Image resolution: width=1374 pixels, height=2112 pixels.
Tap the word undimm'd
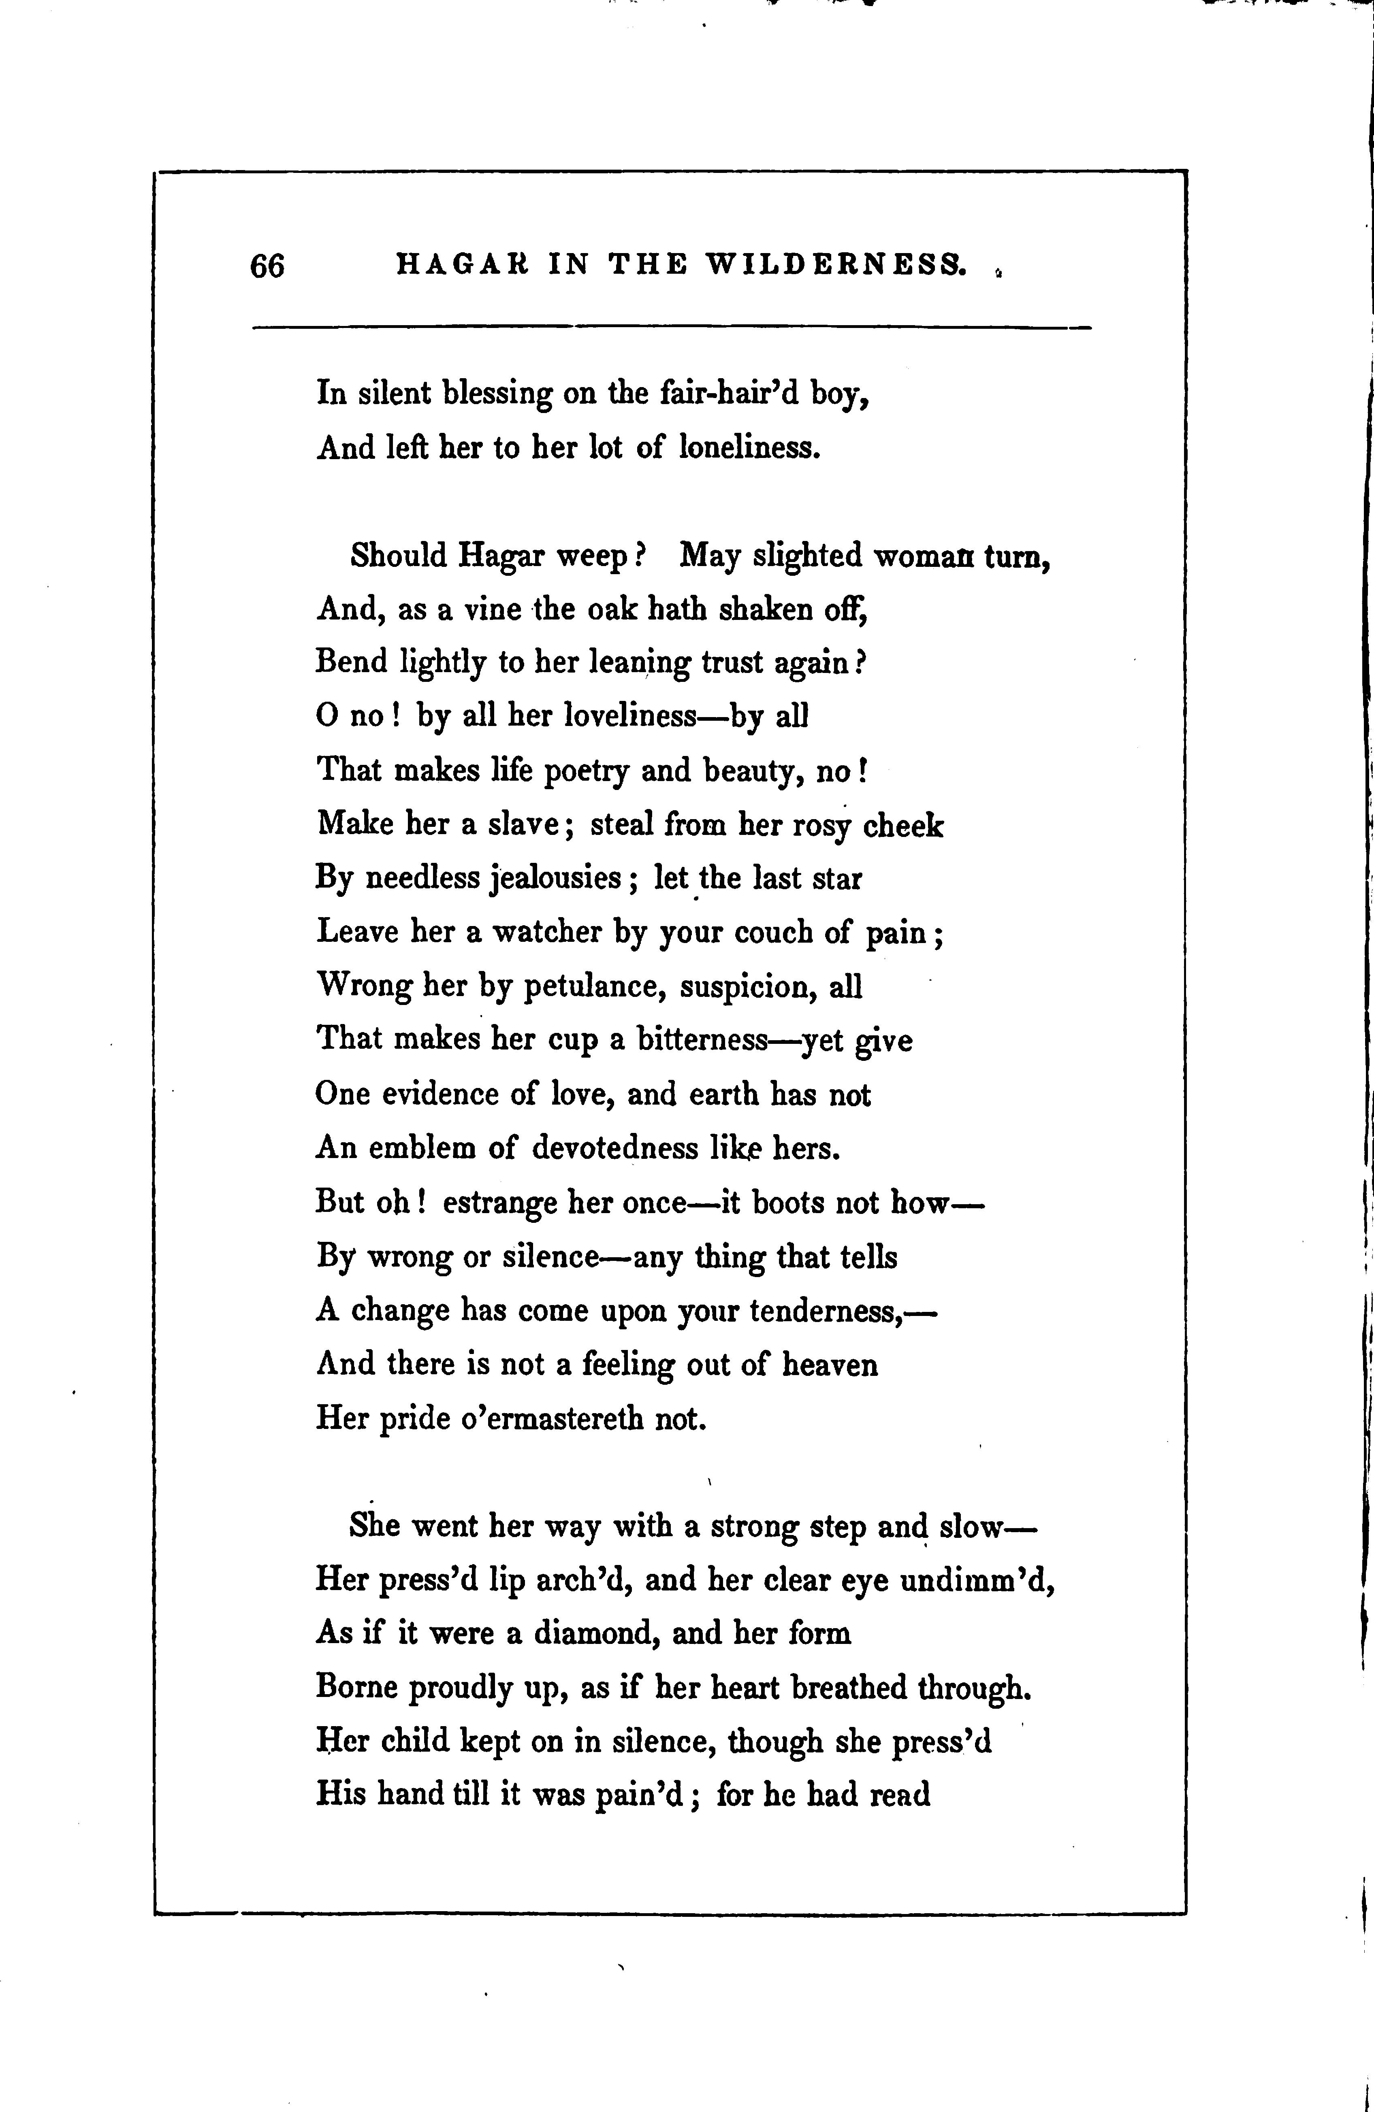coord(976,1580)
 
